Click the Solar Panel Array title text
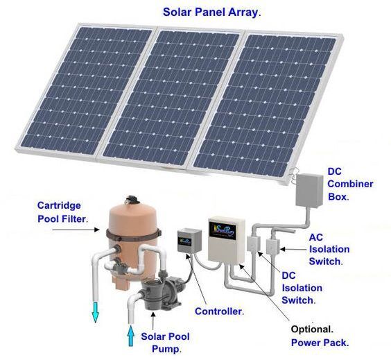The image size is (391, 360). pyautogui.click(x=211, y=12)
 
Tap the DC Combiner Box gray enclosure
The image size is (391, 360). pyautogui.click(x=309, y=190)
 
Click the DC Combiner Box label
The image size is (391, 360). pyautogui.click(x=350, y=184)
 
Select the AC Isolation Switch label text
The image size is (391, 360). pyautogui.click(x=329, y=249)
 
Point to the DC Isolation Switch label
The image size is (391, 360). pyautogui.click(x=302, y=288)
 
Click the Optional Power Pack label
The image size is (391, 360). pyautogui.click(x=320, y=336)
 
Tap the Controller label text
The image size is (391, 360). pyautogui.click(x=220, y=311)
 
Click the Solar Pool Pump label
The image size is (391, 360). pyautogui.click(x=166, y=343)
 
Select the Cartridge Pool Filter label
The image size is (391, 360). pyautogui.click(x=62, y=212)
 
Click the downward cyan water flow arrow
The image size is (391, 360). pyautogui.click(x=95, y=312)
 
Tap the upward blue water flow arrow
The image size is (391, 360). pyautogui.click(x=130, y=336)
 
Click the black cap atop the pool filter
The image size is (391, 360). pyautogui.click(x=132, y=200)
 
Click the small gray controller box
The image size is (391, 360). pyautogui.click(x=189, y=241)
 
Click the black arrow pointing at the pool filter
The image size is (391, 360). pyautogui.click(x=76, y=230)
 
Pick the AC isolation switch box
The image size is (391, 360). pyautogui.click(x=272, y=246)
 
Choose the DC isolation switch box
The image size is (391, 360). pyautogui.click(x=254, y=243)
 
